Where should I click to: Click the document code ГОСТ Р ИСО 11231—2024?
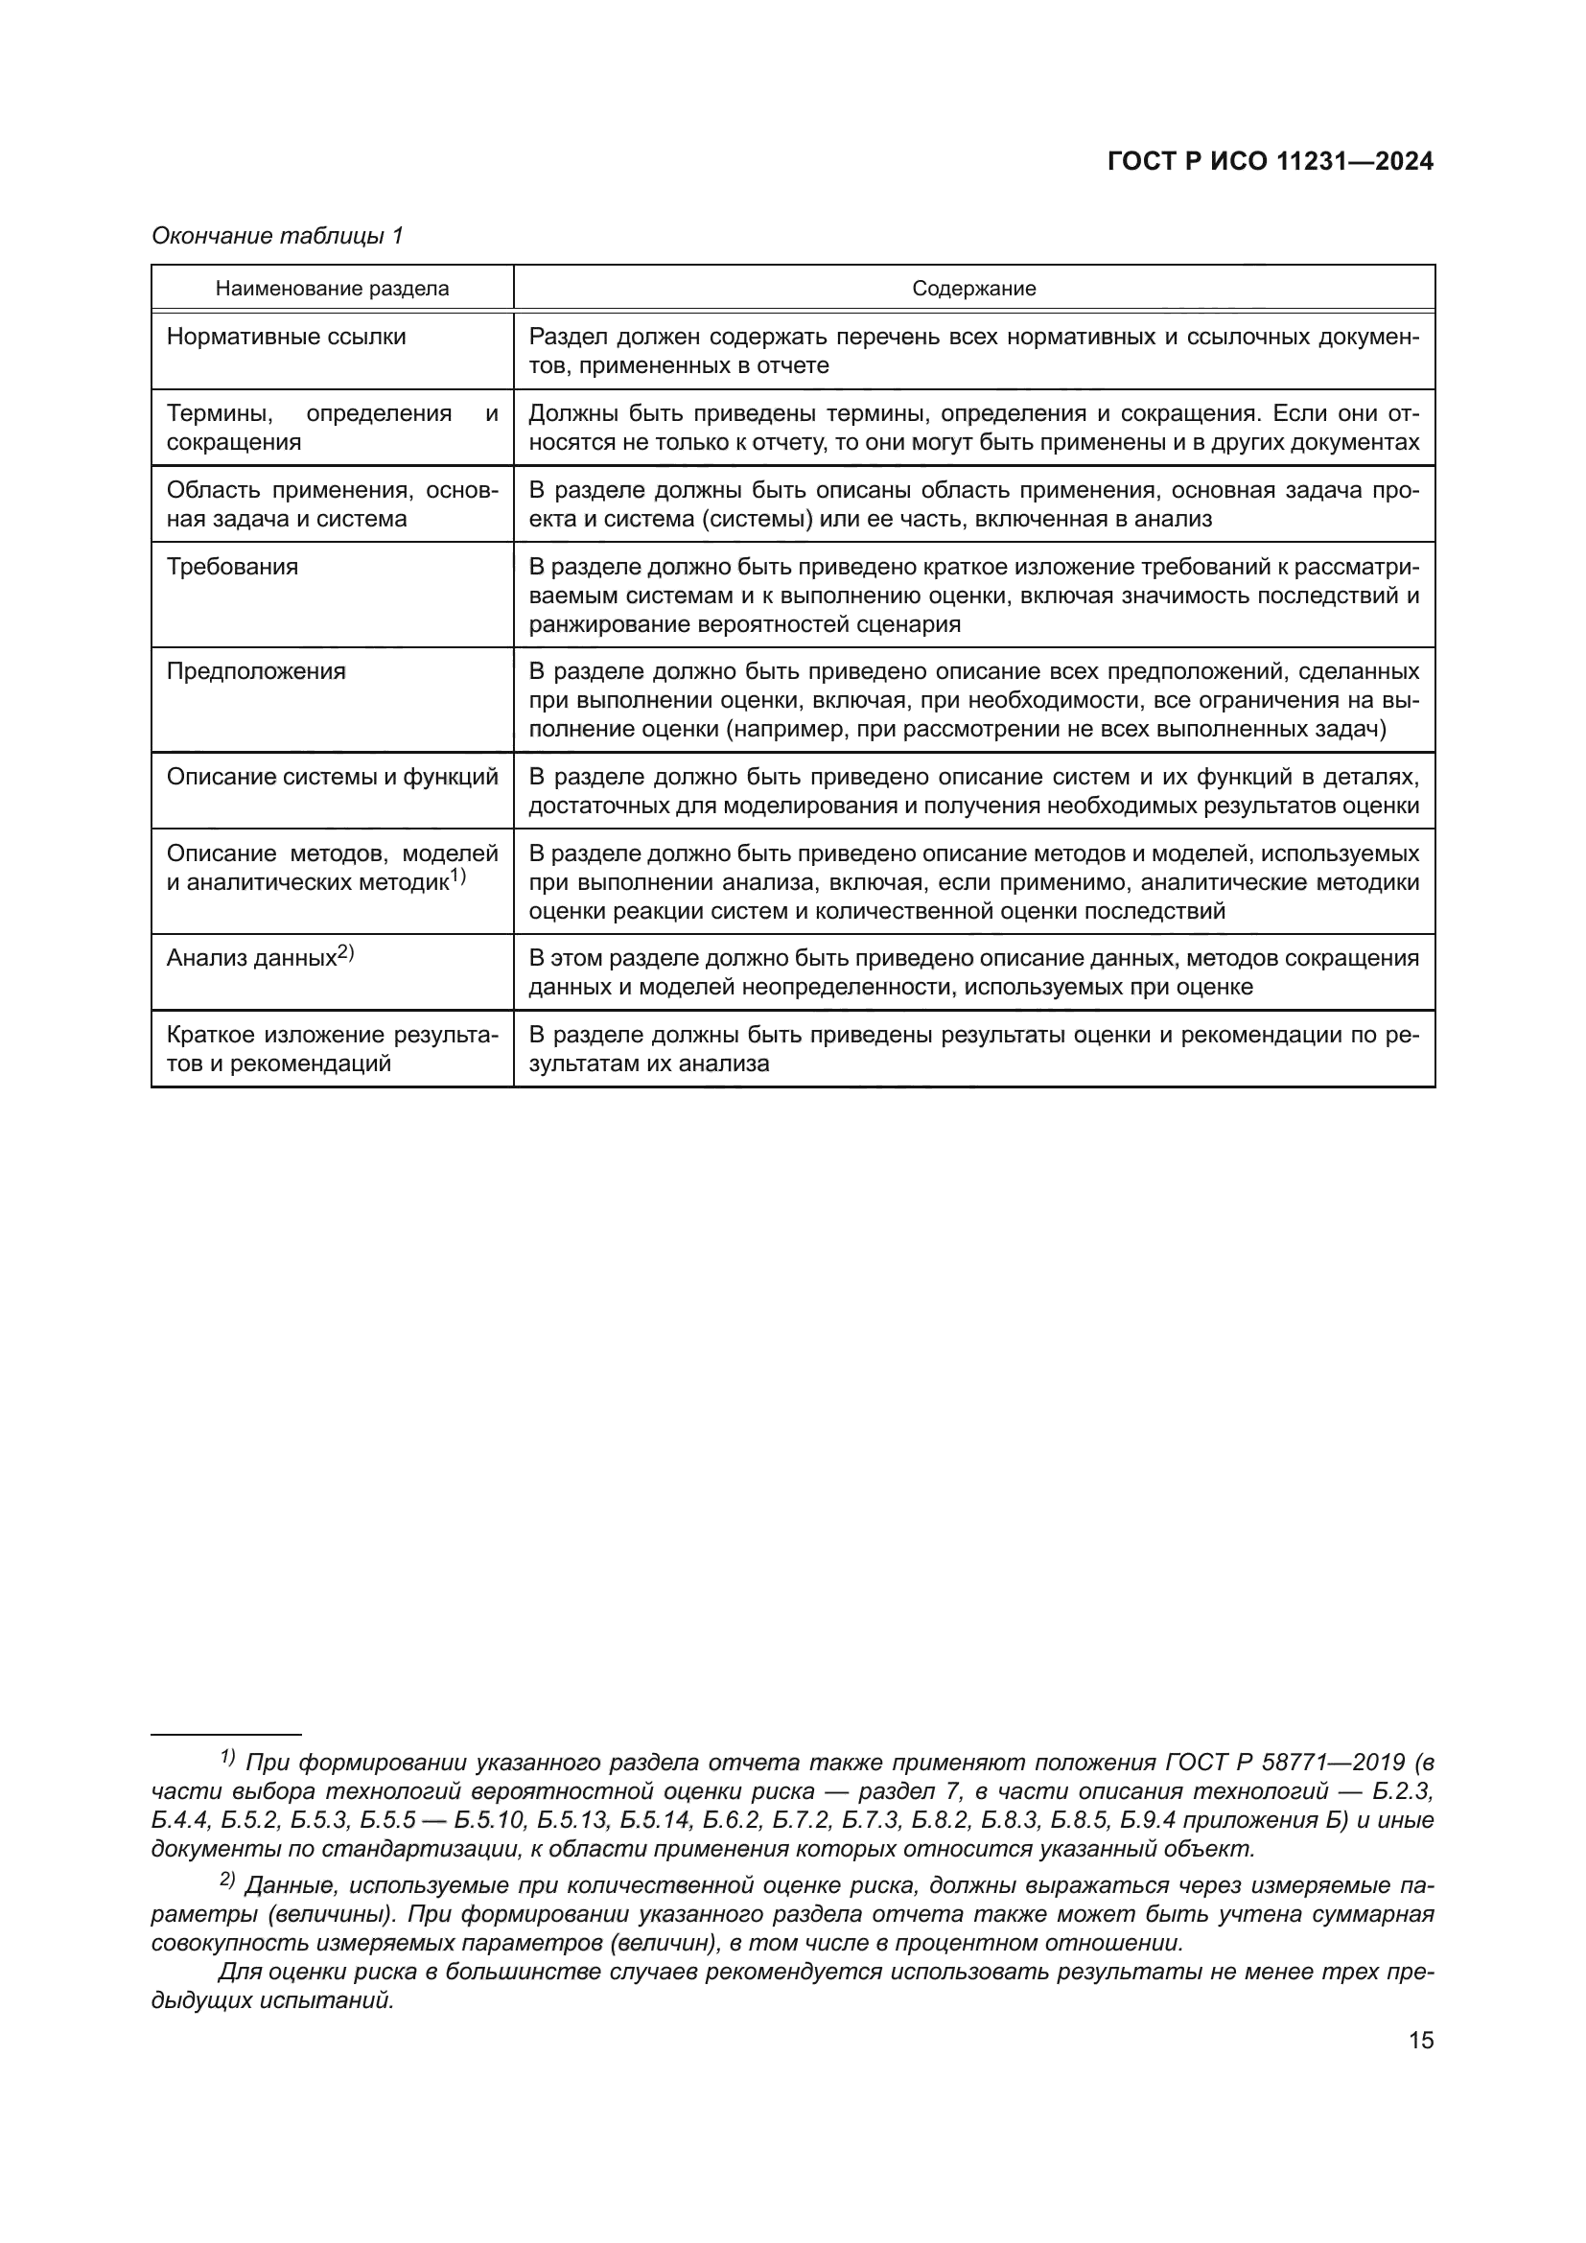pos(1270,162)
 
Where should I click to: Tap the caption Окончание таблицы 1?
pos(277,236)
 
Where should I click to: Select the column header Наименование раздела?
pos(332,289)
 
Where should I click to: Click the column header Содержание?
pos(973,289)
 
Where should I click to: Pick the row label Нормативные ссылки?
pos(286,337)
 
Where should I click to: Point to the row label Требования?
pos(232,567)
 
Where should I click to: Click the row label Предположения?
pos(256,671)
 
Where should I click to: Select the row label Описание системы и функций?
pos(332,777)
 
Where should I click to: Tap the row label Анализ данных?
pos(251,958)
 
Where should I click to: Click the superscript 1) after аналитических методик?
pos(458,877)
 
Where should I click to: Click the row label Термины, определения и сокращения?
pos(332,428)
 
